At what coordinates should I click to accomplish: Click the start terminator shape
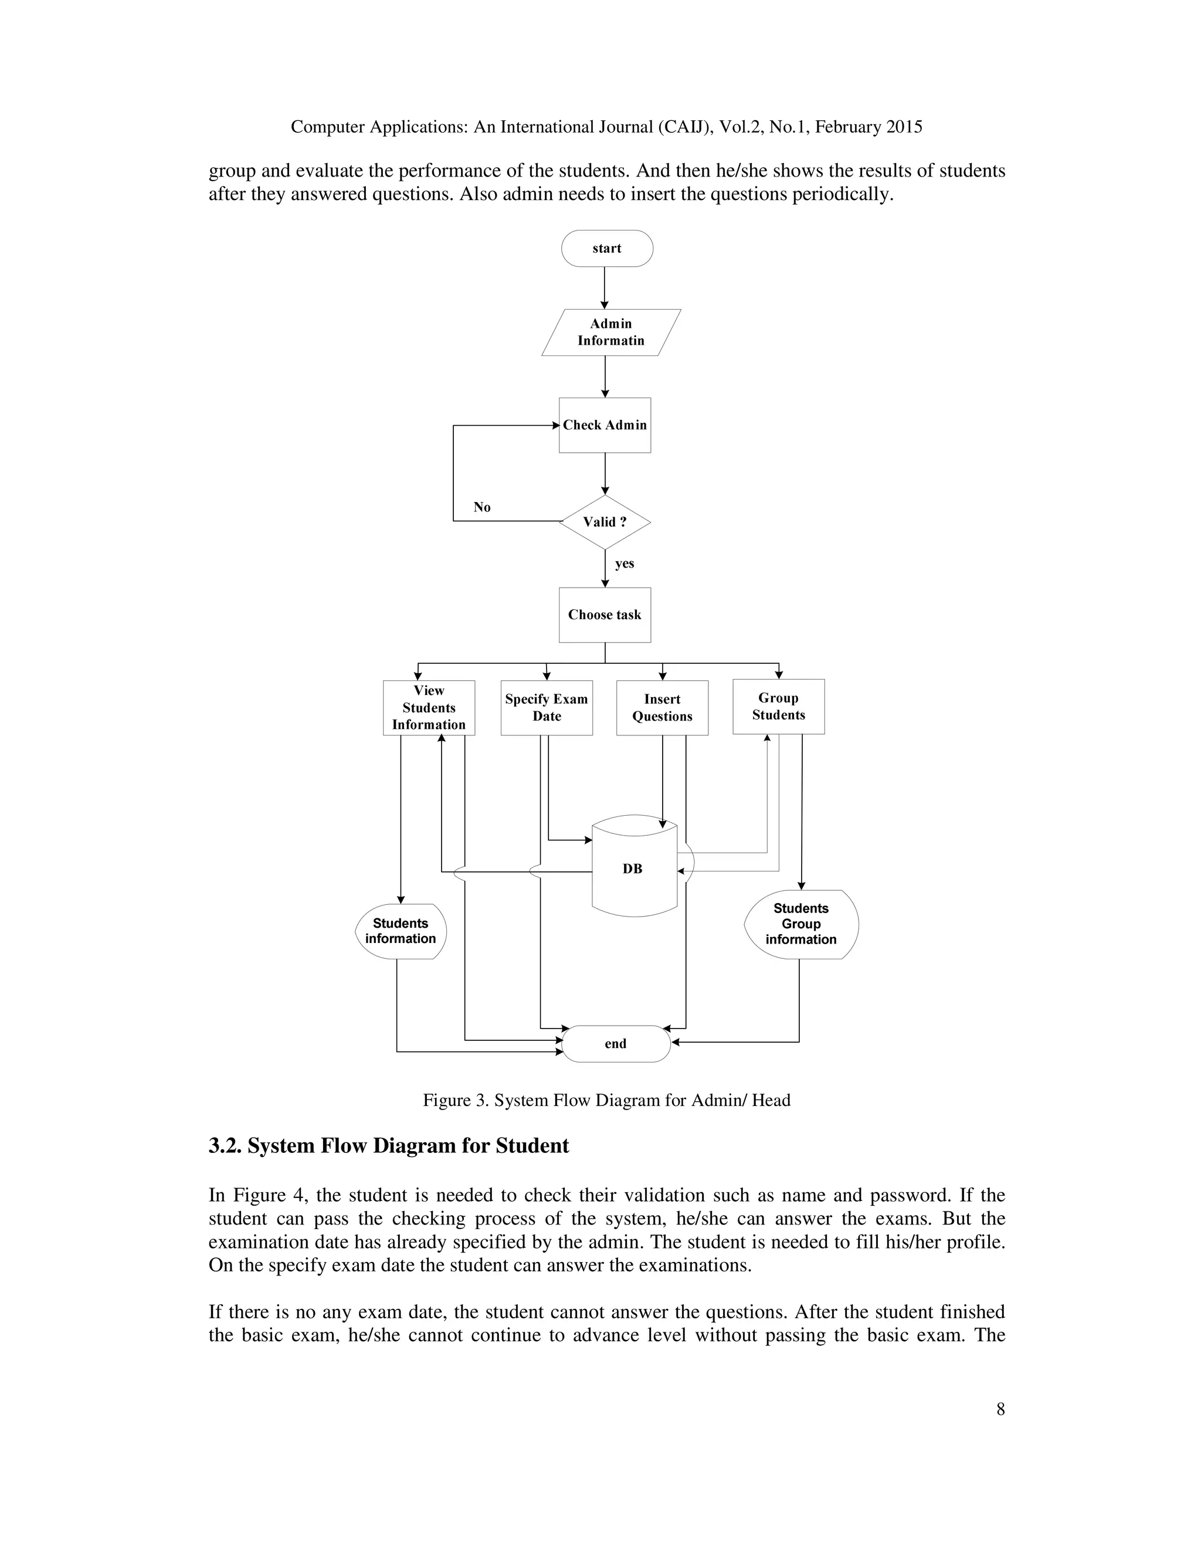[607, 248]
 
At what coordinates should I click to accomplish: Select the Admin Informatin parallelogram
[610, 332]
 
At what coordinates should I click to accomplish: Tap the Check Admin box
[605, 425]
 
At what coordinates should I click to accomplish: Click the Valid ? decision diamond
[605, 521]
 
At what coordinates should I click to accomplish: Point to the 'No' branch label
[481, 507]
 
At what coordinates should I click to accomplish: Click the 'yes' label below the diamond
[624, 564]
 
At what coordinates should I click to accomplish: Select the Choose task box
[605, 615]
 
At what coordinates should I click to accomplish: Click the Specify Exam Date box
[547, 708]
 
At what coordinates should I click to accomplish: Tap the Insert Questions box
[663, 708]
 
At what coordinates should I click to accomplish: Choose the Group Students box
[778, 707]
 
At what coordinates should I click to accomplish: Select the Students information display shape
[401, 931]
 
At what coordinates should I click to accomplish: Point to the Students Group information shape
[801, 924]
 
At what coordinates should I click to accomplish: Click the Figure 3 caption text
[606, 1100]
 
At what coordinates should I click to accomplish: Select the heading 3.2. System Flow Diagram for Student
[388, 1146]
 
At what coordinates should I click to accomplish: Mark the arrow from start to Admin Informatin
[605, 287]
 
